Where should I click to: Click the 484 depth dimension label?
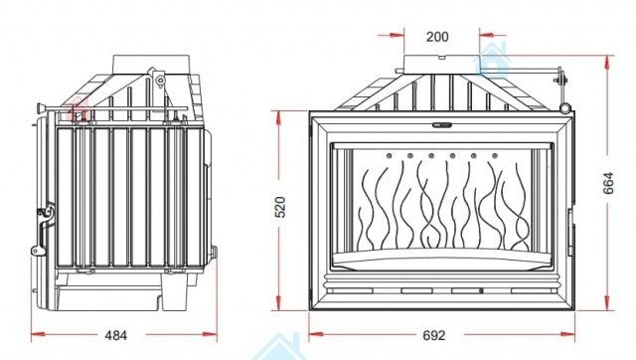coord(116,336)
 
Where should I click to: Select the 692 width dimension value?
coord(434,336)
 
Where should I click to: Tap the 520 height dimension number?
coord(280,207)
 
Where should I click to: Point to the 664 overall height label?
coord(608,183)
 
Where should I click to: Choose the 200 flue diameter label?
coord(437,37)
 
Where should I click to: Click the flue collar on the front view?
coord(442,64)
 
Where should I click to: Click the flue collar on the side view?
coord(151,64)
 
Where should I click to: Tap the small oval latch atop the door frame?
coord(441,125)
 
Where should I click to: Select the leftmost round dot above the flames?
coord(389,155)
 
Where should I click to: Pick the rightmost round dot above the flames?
coord(495,155)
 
